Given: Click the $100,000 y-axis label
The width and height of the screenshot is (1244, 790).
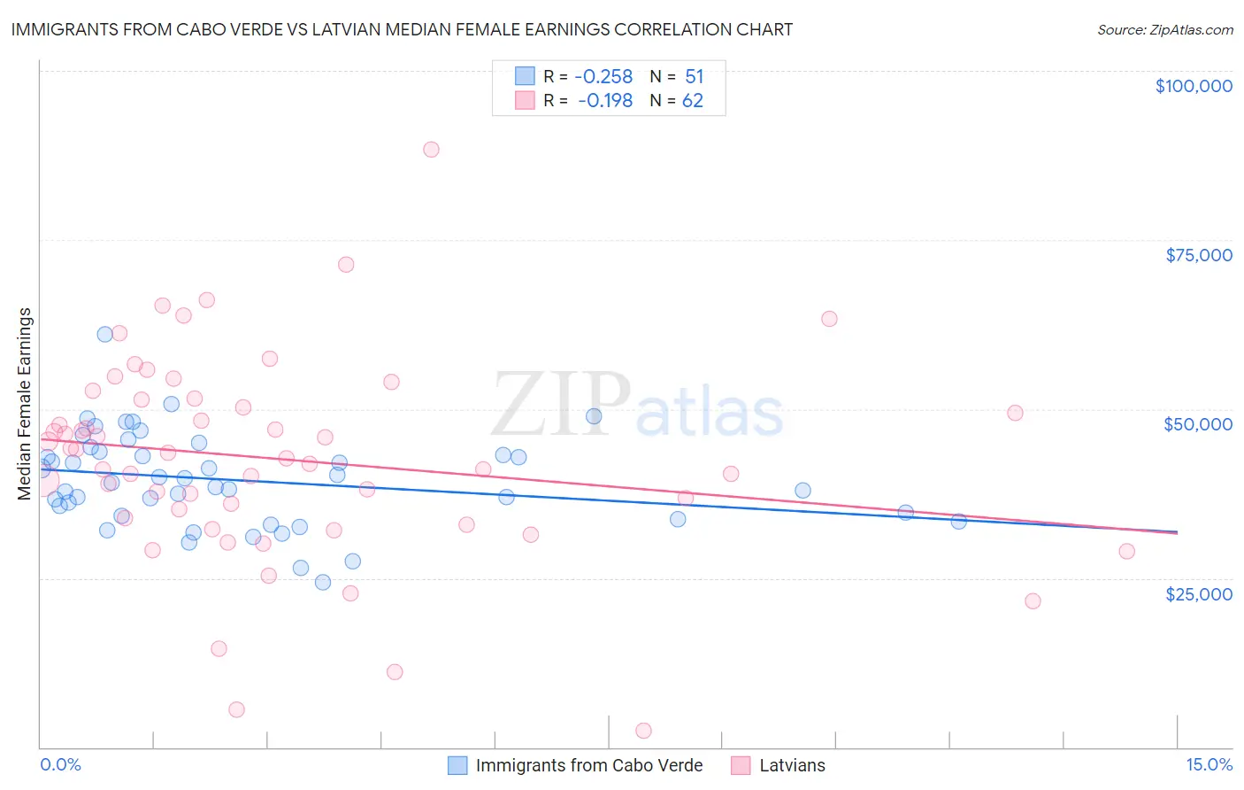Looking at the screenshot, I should click(1193, 86).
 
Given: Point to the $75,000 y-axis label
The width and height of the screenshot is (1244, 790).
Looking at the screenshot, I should click(1198, 255).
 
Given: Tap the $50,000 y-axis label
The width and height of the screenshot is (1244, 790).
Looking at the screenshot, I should click(1197, 424).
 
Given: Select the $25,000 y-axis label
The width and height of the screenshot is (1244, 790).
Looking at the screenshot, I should click(1198, 593).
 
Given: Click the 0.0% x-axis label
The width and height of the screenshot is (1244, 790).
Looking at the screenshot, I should click(60, 764).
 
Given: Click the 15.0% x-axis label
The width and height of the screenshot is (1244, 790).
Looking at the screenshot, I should click(1209, 764).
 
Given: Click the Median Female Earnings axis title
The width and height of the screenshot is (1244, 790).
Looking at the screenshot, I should click(25, 404).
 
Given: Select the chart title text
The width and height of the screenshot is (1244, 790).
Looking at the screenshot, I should click(402, 29).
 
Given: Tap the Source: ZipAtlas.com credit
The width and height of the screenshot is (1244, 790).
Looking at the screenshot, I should click(1164, 29).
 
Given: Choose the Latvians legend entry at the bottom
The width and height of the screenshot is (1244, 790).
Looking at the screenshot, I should click(792, 765).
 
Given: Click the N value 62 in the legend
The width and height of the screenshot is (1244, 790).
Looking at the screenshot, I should click(692, 101).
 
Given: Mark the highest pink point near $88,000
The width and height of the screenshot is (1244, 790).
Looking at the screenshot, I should click(431, 149).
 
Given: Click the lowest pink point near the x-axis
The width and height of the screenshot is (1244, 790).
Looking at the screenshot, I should click(643, 731).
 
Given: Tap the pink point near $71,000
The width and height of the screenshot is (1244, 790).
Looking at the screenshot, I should click(346, 264).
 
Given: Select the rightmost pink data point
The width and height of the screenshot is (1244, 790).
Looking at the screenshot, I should click(1126, 551).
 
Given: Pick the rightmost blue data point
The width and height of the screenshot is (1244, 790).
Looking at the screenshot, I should click(958, 521).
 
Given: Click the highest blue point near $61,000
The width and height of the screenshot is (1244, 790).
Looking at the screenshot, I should click(104, 334).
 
